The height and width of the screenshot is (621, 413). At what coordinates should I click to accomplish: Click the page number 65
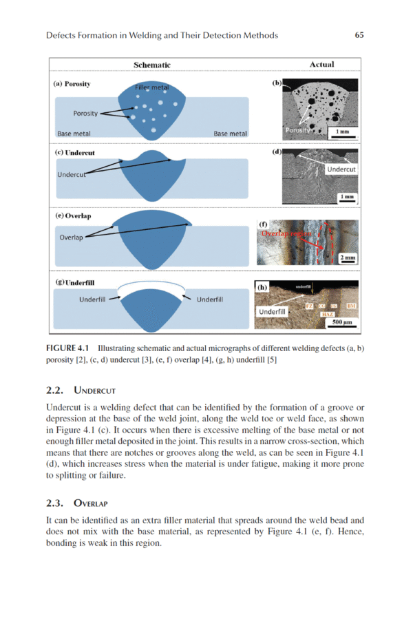359,35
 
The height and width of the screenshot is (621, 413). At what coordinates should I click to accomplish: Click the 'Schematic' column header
151,65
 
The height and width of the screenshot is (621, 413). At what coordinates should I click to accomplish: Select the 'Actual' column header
321,64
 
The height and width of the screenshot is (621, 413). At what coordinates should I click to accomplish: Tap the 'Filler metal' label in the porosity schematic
151,89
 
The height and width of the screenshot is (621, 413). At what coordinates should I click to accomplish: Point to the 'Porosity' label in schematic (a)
85,113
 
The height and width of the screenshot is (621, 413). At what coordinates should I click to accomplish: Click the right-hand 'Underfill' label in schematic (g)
213,299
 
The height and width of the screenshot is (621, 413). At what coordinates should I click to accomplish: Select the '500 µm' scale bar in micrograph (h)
342,322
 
